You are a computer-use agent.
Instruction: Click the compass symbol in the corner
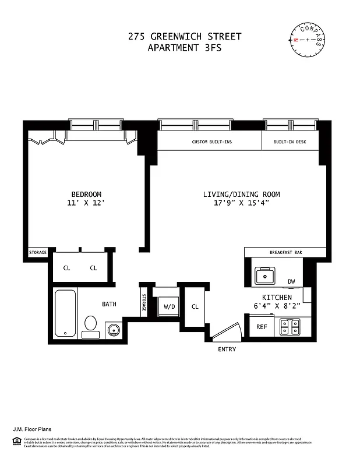click(307, 40)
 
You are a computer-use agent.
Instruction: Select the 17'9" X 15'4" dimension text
click(241, 203)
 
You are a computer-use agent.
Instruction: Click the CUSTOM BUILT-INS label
click(209, 142)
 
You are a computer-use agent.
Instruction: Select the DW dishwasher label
click(291, 282)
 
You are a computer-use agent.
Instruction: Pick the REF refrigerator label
click(262, 327)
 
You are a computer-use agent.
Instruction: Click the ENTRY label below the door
click(227, 349)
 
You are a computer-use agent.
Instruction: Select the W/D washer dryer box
click(170, 306)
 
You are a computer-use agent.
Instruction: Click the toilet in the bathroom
click(90, 325)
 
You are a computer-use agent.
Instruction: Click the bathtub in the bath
click(65, 313)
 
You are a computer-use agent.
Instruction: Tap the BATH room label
click(109, 304)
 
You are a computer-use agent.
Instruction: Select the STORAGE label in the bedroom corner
click(38, 252)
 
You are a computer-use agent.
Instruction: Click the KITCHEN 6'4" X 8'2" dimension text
click(277, 302)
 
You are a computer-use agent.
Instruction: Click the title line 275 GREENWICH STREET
click(185, 37)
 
